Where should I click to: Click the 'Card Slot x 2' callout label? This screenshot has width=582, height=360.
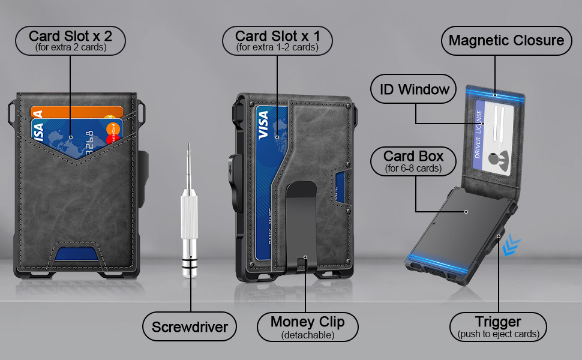tap(71, 40)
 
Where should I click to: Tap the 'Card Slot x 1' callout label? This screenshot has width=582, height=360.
tap(277, 40)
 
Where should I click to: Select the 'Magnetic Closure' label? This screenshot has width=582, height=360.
tap(506, 41)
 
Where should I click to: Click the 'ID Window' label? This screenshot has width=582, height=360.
tap(414, 90)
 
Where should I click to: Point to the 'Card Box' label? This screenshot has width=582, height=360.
tap(413, 162)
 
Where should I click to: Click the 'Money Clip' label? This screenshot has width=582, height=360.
tap(307, 327)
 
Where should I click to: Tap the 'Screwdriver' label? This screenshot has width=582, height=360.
tap(190, 327)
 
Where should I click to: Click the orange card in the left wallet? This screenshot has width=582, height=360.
tap(78, 112)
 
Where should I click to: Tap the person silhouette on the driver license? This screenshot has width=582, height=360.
tap(494, 159)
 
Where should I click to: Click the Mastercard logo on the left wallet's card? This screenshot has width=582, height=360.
tap(112, 134)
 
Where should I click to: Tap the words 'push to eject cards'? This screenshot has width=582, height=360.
tap(498, 335)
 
